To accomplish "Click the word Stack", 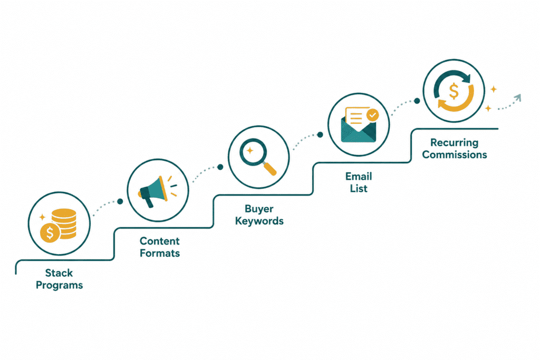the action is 59,273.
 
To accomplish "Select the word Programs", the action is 59,285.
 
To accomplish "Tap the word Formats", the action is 160,254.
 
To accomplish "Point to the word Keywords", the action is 259,221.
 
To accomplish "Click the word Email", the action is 359,177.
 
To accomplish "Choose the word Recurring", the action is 454,143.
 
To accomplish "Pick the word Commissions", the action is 455,155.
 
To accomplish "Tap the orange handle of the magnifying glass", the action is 269,169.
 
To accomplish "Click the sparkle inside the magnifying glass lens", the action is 250,150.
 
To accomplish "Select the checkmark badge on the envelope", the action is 372,115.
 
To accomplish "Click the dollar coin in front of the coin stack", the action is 50,233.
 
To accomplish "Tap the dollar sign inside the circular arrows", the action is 454,91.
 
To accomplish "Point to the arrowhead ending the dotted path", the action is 518,98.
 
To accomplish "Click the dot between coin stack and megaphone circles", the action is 120,201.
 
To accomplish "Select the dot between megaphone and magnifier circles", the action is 220,167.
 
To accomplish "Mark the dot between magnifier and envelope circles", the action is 320,134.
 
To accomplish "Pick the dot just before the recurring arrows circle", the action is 417,101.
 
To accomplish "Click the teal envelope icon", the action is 359,130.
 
